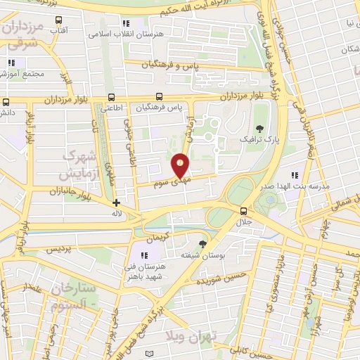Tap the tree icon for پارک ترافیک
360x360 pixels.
pyautogui.click(x=260, y=129)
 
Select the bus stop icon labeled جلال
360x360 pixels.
pyautogui.click(x=243, y=210)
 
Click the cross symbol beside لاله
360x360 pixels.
pyautogui.click(x=116, y=203)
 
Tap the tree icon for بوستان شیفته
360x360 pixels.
pyautogui.click(x=203, y=243)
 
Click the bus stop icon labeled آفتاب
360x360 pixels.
pyautogui.click(x=58, y=20)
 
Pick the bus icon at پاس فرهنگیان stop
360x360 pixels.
pyautogui.click(x=160, y=97)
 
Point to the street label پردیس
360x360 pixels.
pyautogui.click(x=59, y=248)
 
